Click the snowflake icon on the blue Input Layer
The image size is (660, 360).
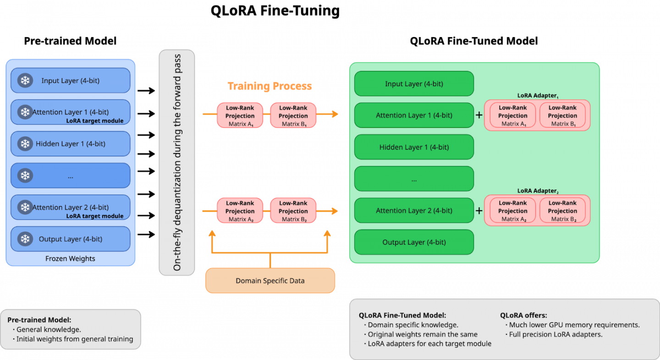(x=25, y=81)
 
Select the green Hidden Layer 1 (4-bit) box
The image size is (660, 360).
(x=414, y=147)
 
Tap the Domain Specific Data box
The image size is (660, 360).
(x=270, y=280)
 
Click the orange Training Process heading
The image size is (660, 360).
(x=270, y=86)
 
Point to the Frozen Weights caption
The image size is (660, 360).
(x=70, y=259)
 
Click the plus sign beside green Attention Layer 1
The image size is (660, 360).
(x=479, y=115)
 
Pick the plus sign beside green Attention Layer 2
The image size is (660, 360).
(x=479, y=211)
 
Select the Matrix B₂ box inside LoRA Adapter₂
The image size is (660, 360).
(x=562, y=211)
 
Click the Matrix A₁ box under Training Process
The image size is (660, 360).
(x=240, y=115)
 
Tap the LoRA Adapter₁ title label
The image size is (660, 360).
(x=538, y=96)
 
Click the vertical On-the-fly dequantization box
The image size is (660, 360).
(x=176, y=163)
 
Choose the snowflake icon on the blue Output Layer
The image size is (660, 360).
(x=25, y=239)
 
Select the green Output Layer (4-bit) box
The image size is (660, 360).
(x=414, y=242)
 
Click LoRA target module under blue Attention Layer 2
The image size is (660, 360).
(x=95, y=216)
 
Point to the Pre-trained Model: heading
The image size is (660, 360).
(x=39, y=320)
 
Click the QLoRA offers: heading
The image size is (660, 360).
(x=523, y=315)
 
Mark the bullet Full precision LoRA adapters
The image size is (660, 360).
(x=555, y=334)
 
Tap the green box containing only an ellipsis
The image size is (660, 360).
(x=414, y=179)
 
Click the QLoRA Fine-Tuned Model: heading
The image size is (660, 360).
(x=402, y=315)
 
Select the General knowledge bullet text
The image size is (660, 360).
(x=49, y=330)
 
